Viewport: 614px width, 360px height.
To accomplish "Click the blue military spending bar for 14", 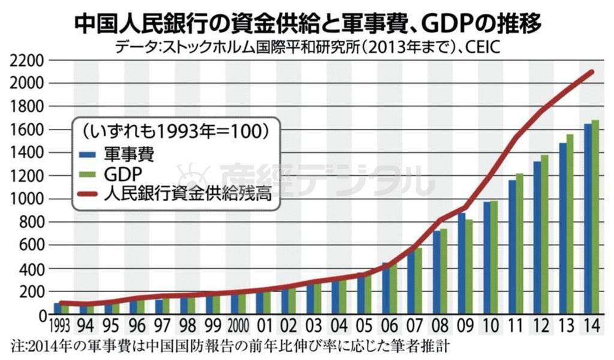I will pyautogui.click(x=588, y=219).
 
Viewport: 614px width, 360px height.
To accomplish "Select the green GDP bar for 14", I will pyautogui.click(x=595, y=217).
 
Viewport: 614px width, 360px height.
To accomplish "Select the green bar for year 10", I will pyautogui.click(x=495, y=258).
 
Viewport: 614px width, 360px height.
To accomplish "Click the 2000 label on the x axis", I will pyautogui.click(x=239, y=328).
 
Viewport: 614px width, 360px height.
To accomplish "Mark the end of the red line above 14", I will pyautogui.click(x=592, y=72).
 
